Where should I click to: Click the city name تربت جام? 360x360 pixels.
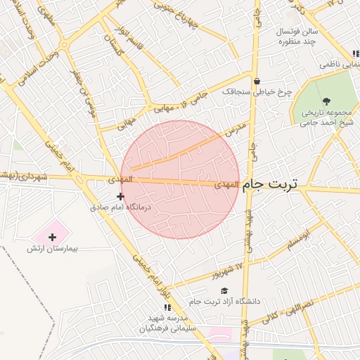coord(270,184)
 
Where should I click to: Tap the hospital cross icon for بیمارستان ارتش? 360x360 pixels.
coord(53,237)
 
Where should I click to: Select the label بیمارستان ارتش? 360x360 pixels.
coord(52,249)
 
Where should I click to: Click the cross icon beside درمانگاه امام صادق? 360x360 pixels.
coord(120,196)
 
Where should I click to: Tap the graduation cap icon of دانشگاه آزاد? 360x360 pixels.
coord(224,290)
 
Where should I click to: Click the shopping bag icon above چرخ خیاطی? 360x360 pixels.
coord(257,81)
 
